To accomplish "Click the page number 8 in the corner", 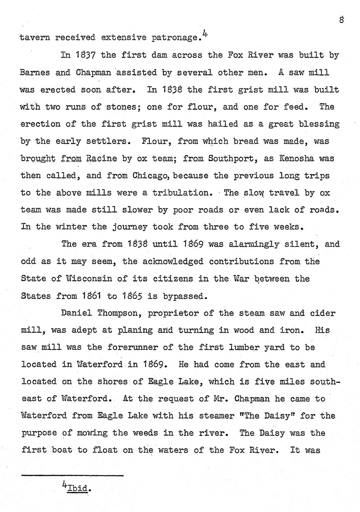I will pos(341,20).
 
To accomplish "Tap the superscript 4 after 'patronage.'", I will pos(205,33).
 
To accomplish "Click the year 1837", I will pos(86,55).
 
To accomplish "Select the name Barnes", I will pos(35,72).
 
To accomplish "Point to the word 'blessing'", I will pos(321,124).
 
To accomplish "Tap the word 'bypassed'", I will pos(183,296).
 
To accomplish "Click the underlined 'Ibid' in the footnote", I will pos(78,488).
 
